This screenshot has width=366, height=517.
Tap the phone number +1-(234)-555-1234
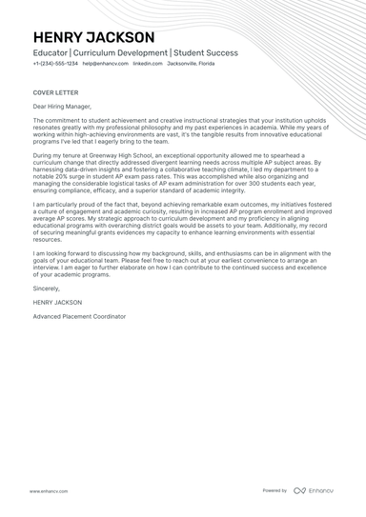(x=54, y=64)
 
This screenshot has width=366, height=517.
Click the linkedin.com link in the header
(x=147, y=64)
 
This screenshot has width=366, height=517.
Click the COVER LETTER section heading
(x=52, y=93)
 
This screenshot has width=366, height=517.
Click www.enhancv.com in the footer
(x=47, y=490)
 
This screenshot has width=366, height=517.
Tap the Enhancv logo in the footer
(x=314, y=490)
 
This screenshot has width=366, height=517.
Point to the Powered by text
(x=274, y=490)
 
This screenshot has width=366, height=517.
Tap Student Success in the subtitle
(x=206, y=52)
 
